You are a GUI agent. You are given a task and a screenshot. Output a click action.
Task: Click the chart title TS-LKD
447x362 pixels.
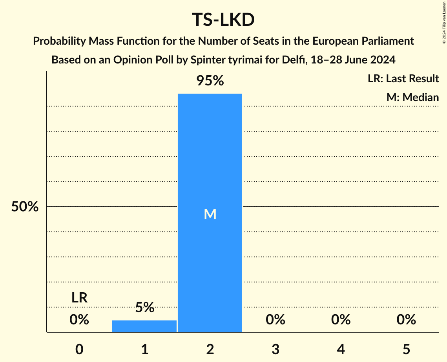223,20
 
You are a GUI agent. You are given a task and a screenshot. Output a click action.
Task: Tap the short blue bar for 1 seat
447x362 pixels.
144,326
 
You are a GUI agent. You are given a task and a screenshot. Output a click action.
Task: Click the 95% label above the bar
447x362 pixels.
210,81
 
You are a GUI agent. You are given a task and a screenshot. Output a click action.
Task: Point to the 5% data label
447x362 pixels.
144,308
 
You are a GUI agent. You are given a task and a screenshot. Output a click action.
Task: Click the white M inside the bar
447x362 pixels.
210,214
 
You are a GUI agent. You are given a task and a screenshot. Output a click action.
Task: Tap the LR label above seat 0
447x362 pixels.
79,298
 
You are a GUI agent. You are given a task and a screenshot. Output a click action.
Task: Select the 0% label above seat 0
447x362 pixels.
79,320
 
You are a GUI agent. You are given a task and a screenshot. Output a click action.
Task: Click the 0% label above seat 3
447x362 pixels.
275,320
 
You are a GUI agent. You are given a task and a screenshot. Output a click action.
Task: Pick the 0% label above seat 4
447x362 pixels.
341,320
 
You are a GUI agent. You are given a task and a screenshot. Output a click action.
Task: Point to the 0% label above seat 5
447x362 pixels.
406,320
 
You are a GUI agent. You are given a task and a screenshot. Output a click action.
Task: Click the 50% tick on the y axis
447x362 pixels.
25,206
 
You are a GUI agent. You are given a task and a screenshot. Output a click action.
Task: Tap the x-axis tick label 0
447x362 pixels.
79,349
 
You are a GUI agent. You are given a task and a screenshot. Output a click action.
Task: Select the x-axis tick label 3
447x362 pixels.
275,349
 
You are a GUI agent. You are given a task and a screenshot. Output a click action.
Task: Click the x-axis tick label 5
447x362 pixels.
406,349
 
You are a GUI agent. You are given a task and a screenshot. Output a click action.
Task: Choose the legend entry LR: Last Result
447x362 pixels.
403,79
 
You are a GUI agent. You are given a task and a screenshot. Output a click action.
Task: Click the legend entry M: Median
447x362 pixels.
412,97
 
